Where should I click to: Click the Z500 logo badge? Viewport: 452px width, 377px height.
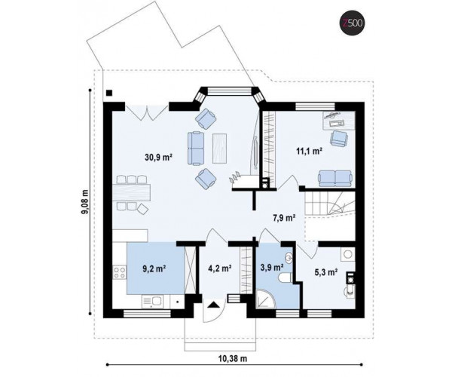click(353, 24)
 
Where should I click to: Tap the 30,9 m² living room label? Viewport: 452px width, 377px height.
click(158, 157)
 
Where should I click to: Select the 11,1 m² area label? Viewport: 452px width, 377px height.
click(310, 151)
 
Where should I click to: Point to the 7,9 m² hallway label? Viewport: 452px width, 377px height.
click(284, 218)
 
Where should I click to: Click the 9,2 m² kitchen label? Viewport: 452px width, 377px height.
click(154, 268)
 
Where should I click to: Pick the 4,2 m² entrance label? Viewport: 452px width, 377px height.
click(220, 268)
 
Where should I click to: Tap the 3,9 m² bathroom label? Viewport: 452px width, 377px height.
click(271, 268)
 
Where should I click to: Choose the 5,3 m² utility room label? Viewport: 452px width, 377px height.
click(326, 271)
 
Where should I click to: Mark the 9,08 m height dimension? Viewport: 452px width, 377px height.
click(86, 202)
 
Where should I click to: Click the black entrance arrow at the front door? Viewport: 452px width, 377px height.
click(214, 305)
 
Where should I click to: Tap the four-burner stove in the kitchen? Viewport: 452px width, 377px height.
click(120, 273)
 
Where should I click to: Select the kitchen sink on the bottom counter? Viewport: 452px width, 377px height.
click(153, 302)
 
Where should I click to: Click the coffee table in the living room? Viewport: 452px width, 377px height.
click(220, 148)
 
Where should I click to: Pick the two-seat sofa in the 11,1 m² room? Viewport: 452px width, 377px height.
click(335, 178)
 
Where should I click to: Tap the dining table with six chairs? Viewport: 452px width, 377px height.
click(133, 193)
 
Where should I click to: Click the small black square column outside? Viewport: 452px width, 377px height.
click(109, 93)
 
